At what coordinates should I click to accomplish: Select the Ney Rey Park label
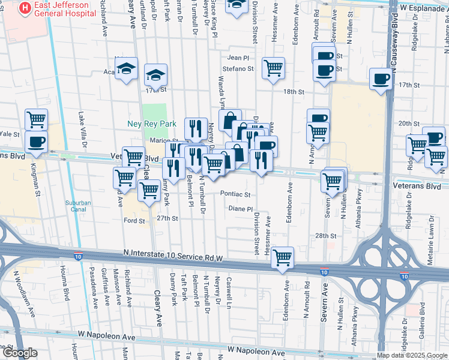(152, 124)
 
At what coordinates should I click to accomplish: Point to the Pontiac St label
(235, 194)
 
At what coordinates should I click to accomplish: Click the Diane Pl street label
(241, 209)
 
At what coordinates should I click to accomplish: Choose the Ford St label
(134, 221)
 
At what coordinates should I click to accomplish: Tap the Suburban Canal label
(78, 206)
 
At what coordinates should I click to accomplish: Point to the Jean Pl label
(238, 58)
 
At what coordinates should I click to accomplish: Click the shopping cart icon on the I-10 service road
(282, 257)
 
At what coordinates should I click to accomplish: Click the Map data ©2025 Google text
(411, 355)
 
